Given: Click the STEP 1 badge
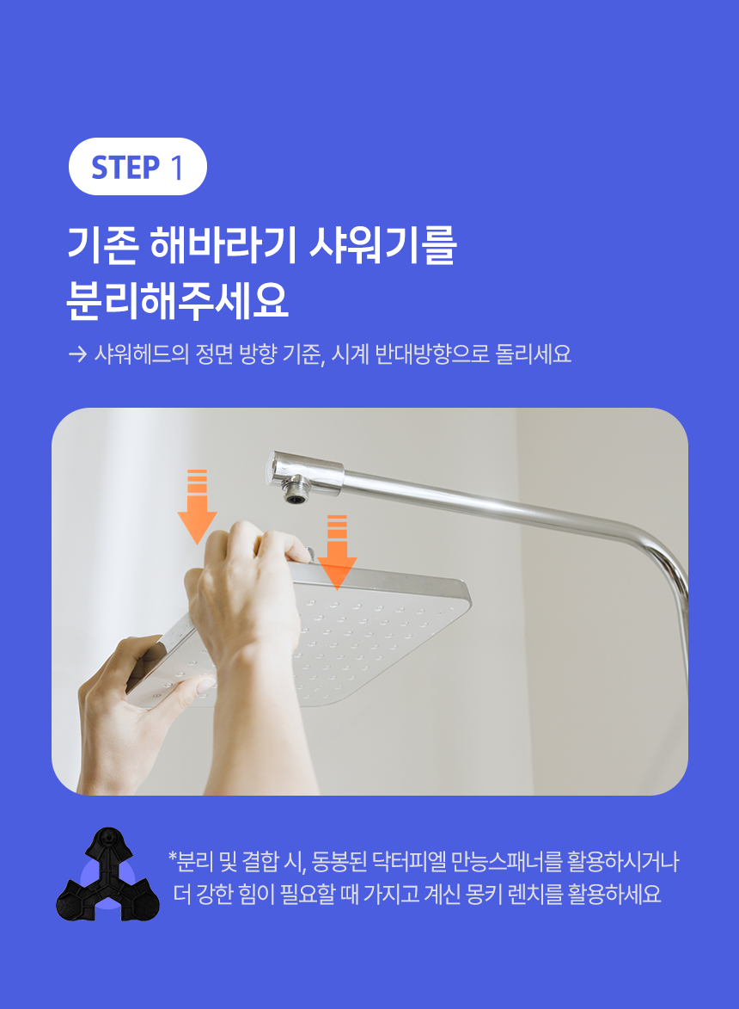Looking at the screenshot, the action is tap(137, 167).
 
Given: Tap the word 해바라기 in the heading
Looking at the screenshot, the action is tap(223, 245).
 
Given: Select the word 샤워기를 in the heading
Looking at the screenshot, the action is tap(382, 245).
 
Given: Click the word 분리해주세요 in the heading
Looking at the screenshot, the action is tap(178, 300).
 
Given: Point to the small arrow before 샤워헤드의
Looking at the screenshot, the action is tap(77, 354).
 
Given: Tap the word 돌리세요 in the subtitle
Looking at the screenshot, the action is tap(533, 354).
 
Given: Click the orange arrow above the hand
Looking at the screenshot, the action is tap(197, 507).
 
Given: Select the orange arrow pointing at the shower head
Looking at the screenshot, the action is tap(338, 552).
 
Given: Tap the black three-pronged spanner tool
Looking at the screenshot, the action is tap(107, 875).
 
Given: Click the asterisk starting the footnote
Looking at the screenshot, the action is tap(172, 857).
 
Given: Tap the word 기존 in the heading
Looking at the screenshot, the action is tap(102, 245).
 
